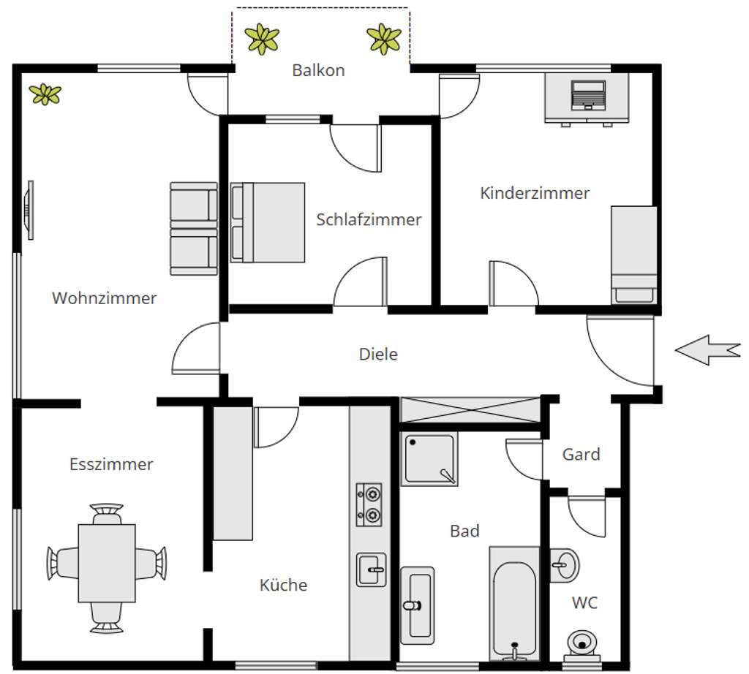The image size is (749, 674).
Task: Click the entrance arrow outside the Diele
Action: click(707, 350)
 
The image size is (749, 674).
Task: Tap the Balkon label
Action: click(318, 71)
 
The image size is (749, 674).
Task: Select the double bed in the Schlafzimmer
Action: click(268, 222)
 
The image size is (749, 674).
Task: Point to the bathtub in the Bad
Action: click(516, 602)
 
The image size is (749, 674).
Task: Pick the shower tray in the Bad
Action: click(430, 458)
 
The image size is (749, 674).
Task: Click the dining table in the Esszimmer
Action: click(107, 562)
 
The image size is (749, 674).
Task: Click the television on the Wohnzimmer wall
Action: click(29, 209)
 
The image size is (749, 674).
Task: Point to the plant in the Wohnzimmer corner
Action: click(45, 94)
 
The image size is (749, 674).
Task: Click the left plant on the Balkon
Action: click(262, 39)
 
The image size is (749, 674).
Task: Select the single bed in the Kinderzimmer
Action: click(633, 254)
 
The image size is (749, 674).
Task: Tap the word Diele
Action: click(378, 355)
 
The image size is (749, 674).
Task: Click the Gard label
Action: click(581, 455)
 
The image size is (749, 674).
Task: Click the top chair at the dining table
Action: click(107, 512)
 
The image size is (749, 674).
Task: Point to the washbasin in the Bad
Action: click(418, 603)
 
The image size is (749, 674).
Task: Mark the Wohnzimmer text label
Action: click(105, 298)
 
